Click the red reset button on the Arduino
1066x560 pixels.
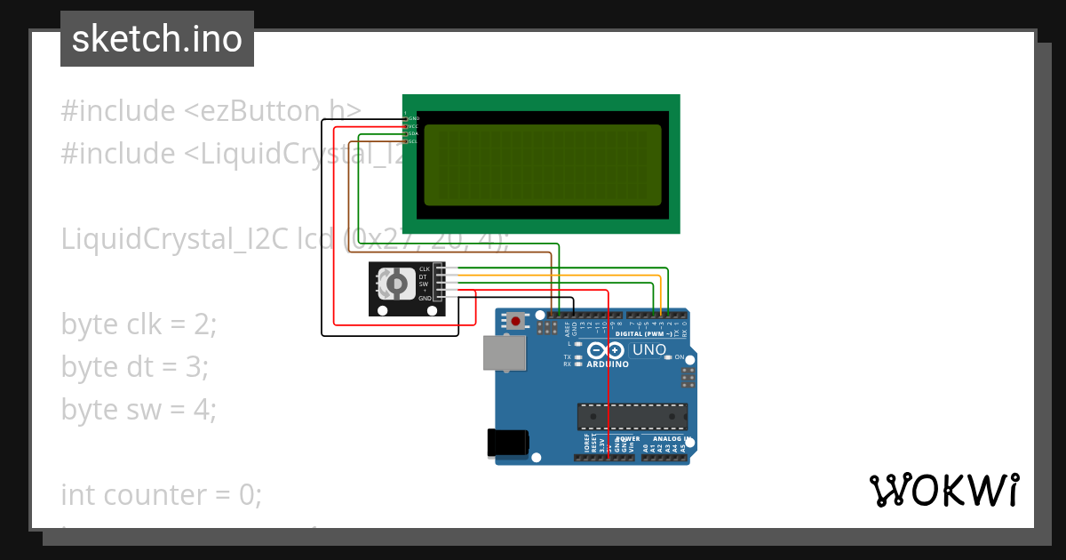click(515, 320)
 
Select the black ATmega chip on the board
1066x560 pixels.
click(632, 416)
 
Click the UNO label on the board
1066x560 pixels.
click(649, 349)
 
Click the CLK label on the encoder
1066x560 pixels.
click(425, 268)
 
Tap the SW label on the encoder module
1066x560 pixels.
click(425, 284)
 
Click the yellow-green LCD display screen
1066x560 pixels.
click(543, 164)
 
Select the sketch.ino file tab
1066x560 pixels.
click(157, 39)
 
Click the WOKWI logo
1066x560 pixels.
click(943, 491)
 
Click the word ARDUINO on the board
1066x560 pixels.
click(608, 364)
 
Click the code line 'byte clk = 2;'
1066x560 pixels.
click(139, 324)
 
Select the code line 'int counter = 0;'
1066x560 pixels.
click(162, 494)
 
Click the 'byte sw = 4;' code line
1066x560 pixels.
click(139, 409)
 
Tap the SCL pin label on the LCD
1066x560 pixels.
click(412, 141)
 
